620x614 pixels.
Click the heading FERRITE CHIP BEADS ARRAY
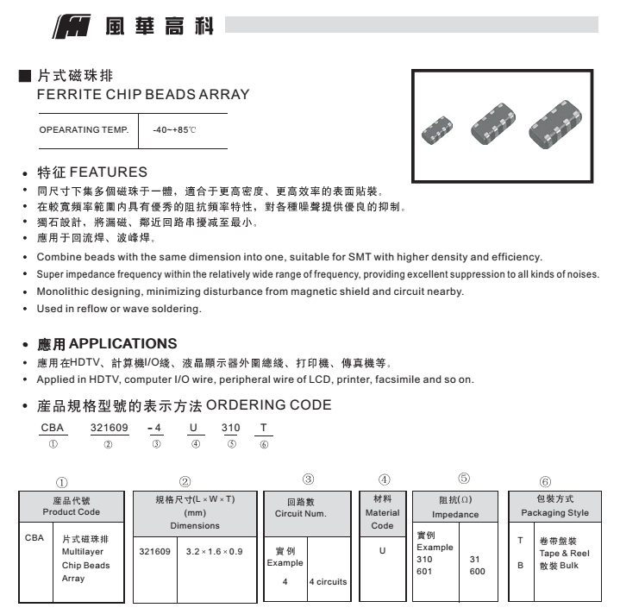[x=143, y=94]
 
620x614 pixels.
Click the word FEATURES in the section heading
[x=108, y=172]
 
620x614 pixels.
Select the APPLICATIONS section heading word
[x=123, y=343]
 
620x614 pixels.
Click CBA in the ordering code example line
[x=53, y=427]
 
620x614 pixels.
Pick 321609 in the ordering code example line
[x=108, y=427]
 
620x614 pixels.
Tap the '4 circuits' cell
[x=328, y=581]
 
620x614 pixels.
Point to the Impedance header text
[x=455, y=514]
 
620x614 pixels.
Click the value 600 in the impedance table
[x=477, y=571]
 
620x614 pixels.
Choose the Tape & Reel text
[x=564, y=554]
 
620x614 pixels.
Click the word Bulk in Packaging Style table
[x=568, y=566]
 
